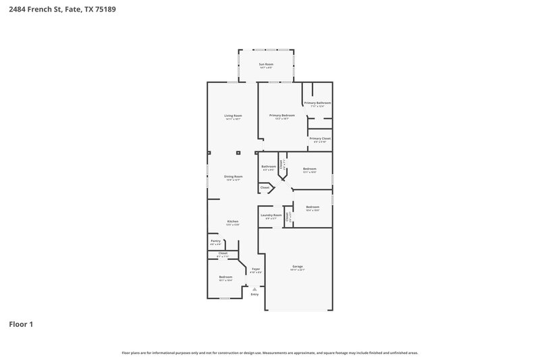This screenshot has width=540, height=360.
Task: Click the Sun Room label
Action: [266, 65]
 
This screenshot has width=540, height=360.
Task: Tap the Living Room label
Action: [233, 115]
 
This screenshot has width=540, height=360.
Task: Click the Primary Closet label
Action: [319, 138]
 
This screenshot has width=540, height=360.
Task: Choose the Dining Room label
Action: [233, 177]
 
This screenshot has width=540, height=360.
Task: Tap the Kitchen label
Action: [233, 222]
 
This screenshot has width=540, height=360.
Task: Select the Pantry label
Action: [215, 241]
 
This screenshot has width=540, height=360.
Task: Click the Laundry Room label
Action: [271, 215]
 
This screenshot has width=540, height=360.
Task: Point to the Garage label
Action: [298, 267]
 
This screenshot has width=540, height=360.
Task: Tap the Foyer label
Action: [256, 269]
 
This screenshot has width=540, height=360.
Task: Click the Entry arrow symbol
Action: [254, 288]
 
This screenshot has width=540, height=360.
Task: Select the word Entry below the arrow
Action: [254, 294]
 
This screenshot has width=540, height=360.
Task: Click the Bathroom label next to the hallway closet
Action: [269, 166]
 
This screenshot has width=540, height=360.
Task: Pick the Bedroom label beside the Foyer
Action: [225, 277]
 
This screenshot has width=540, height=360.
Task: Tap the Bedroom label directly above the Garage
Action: [312, 207]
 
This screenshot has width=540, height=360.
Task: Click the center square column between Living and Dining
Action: [237, 153]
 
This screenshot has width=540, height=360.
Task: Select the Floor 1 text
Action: [21, 324]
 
